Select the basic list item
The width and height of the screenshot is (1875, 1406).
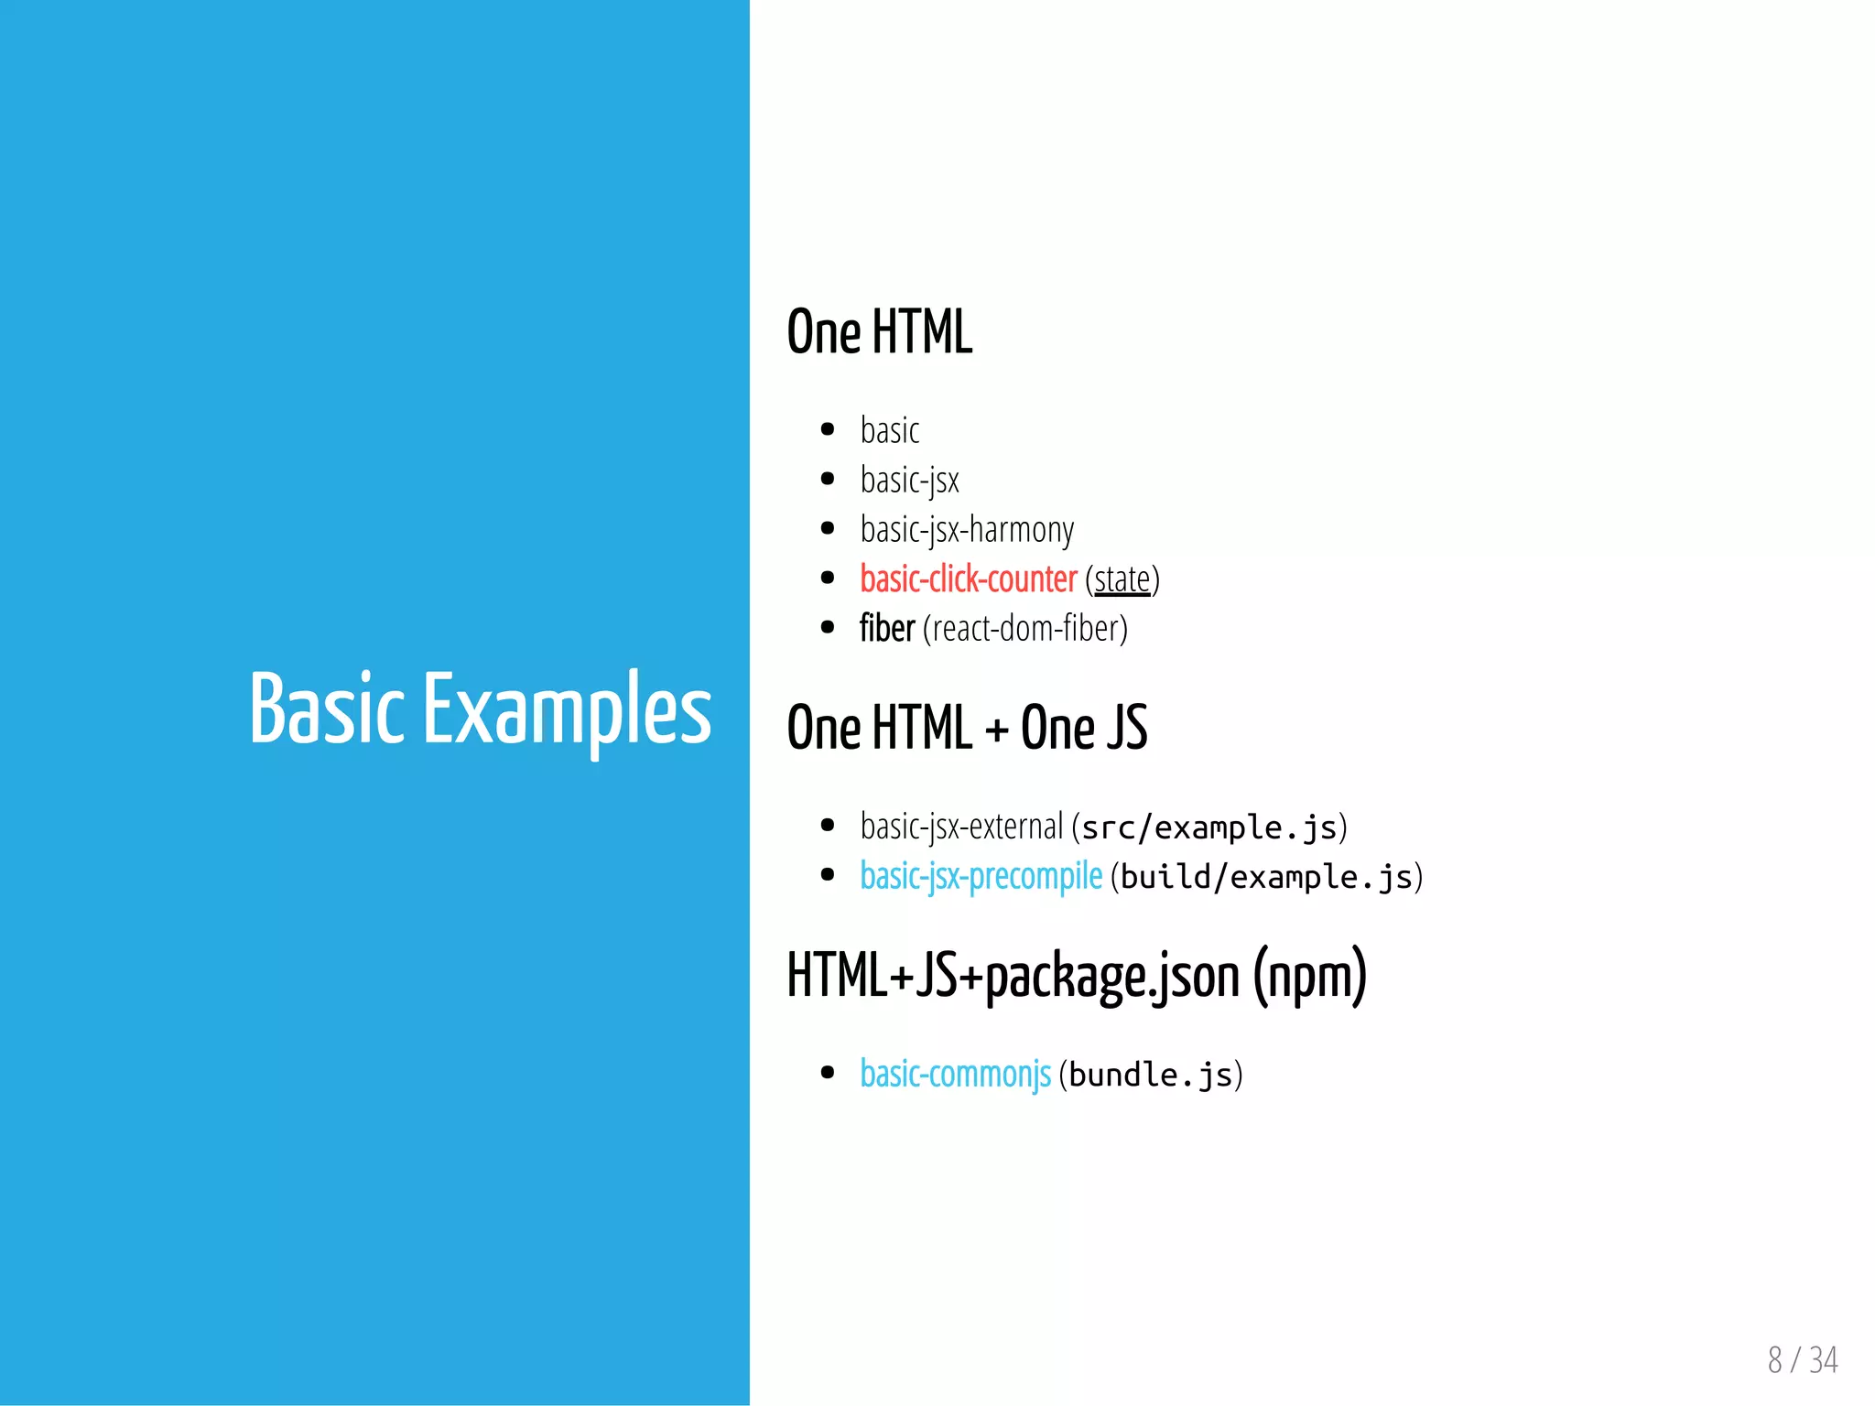point(889,430)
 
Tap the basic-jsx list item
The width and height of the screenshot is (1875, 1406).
point(909,480)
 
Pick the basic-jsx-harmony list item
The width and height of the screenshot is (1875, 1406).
point(967,529)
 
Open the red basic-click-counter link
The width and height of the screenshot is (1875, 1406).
point(969,579)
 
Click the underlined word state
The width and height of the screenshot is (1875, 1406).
point(1122,579)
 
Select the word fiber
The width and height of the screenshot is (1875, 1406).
point(887,629)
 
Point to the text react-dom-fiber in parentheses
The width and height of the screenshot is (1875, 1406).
point(1025,629)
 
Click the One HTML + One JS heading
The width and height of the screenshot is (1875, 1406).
point(967,728)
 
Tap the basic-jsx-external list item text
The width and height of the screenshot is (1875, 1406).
point(961,827)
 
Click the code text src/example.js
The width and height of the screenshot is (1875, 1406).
point(1209,827)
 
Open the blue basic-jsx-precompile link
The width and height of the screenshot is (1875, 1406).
point(981,876)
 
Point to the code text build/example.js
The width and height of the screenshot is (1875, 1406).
point(1266,877)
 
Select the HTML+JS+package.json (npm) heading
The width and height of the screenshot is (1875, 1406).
point(1077,976)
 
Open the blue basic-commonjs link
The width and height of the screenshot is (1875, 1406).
point(955,1074)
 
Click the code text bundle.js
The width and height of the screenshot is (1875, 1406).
point(1151,1075)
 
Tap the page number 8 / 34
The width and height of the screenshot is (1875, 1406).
point(1802,1360)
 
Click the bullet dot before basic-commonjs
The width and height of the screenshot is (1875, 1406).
point(828,1073)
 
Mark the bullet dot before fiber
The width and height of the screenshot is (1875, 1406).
point(828,628)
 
